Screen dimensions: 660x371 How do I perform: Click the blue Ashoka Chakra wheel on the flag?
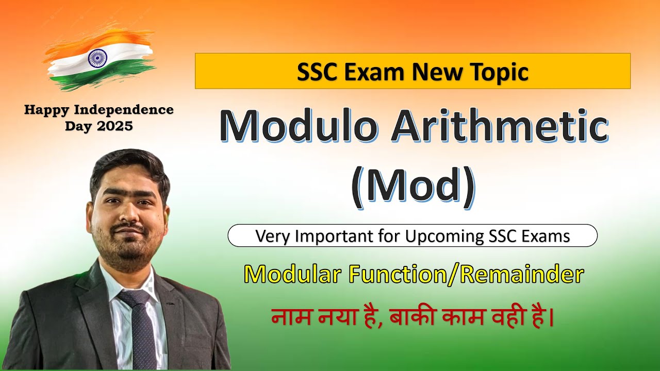97,57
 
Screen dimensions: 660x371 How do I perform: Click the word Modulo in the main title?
298,125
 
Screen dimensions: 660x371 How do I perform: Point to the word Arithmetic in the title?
500,125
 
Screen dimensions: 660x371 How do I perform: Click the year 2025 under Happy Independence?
115,126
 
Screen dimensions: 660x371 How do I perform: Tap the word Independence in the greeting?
124,110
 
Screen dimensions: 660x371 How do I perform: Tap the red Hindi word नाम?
291,317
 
